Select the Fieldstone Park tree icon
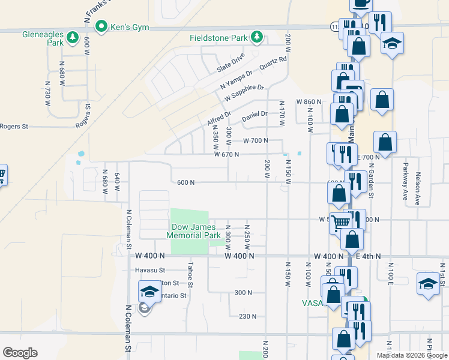pos(257,37)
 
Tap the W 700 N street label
pos(263,140)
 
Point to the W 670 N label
pos(226,154)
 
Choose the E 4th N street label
pos(367,256)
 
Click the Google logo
pos(20,353)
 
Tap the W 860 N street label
pos(309,102)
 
